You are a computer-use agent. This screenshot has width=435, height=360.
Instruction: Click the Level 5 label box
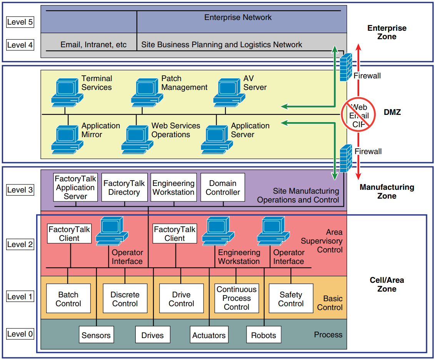(20, 22)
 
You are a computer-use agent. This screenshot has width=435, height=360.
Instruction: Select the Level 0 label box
(20, 334)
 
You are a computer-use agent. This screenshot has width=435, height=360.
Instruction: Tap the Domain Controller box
(222, 187)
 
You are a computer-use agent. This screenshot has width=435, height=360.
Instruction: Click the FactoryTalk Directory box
(124, 187)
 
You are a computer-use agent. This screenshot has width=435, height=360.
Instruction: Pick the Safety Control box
(291, 299)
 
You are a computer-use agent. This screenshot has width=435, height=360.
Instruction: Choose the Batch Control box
(68, 299)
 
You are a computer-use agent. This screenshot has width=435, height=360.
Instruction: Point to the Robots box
(263, 335)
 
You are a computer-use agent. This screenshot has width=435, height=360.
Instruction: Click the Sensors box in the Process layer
(96, 335)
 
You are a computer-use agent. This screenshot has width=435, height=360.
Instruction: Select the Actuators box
(209, 335)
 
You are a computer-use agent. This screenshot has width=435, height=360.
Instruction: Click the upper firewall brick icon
(346, 66)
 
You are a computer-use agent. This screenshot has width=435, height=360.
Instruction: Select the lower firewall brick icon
(346, 158)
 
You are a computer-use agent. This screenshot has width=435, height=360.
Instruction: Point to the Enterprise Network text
(238, 17)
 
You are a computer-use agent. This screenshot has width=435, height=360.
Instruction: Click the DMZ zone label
(392, 112)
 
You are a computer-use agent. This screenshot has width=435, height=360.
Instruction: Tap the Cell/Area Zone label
(387, 284)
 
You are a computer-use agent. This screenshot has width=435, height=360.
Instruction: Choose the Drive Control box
(181, 299)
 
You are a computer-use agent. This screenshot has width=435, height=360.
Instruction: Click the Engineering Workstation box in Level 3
(173, 187)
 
